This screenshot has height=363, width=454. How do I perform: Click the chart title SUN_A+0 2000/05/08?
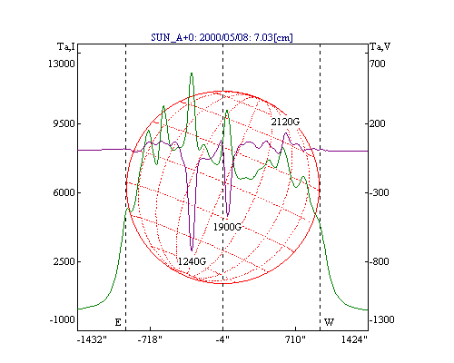coord(222,37)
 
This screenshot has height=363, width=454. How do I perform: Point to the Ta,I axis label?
coord(66,46)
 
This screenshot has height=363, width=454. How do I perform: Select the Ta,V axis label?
coord(380,46)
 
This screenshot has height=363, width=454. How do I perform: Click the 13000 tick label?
coord(62,64)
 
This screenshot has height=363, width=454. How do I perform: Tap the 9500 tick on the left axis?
coord(64,123)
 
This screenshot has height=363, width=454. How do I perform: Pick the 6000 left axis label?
coord(64,192)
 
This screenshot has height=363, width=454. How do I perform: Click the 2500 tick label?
coord(64,261)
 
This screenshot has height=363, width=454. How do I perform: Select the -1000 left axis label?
coord(63,319)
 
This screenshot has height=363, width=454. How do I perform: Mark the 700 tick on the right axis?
coord(378,64)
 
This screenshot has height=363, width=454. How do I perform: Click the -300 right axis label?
coord(379,192)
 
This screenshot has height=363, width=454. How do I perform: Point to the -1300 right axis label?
coord(381,319)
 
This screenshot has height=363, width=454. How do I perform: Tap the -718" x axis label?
coord(150,339)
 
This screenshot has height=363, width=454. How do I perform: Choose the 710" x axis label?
coord(295,339)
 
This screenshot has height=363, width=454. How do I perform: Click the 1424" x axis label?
coord(354,339)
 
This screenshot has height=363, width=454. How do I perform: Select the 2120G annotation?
coord(285,122)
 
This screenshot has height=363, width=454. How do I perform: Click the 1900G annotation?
coord(227,227)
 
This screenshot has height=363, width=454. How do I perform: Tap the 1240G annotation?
coord(192,261)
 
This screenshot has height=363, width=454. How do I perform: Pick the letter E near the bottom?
coord(118,322)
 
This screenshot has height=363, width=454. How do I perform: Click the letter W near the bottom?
coord(329,322)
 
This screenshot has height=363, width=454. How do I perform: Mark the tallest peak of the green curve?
coord(192,74)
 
